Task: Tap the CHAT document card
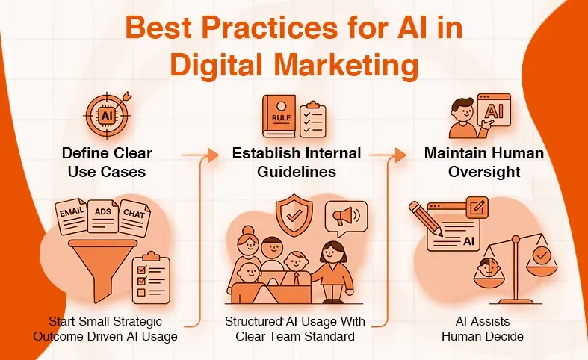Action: pos(135,216)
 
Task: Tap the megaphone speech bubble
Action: pos(346,217)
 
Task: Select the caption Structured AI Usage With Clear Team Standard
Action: pos(294,328)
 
